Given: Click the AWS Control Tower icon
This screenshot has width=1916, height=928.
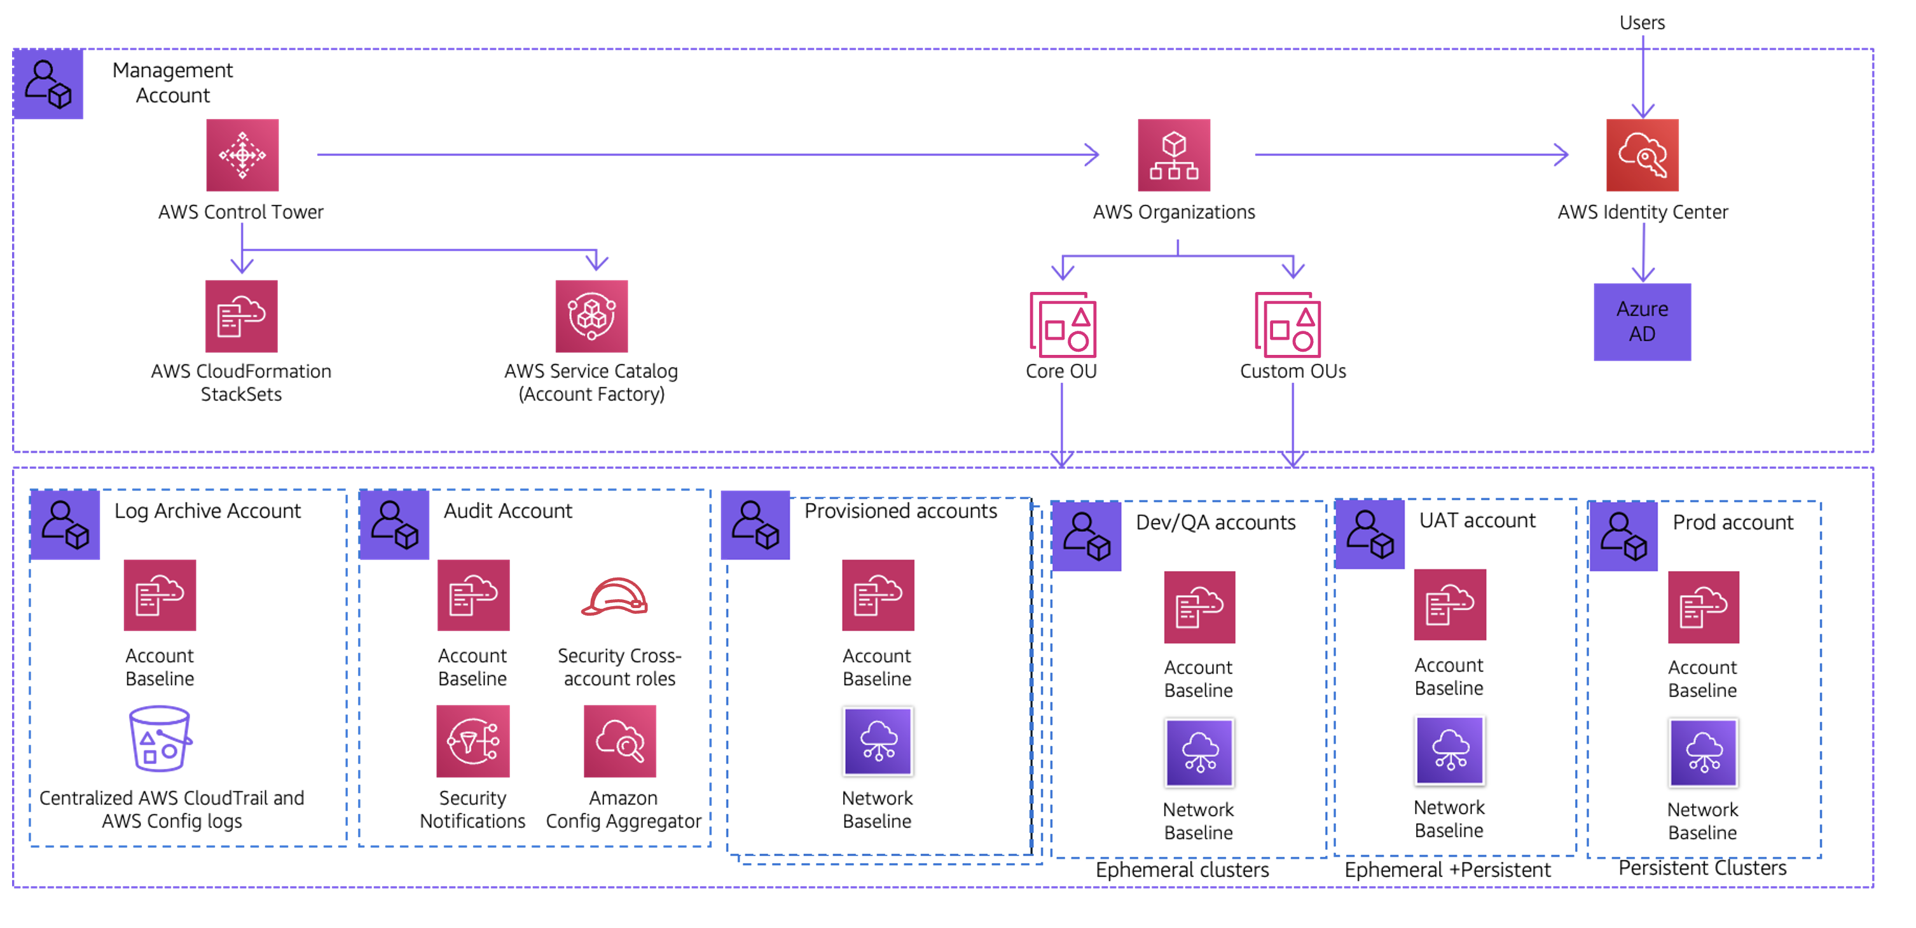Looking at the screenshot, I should pyautogui.click(x=242, y=155).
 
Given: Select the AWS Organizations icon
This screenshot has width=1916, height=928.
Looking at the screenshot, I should pyautogui.click(x=1174, y=155).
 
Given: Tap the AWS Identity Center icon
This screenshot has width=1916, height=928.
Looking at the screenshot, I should pyautogui.click(x=1643, y=155).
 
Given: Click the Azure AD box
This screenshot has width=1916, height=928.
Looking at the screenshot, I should pyautogui.click(x=1643, y=321).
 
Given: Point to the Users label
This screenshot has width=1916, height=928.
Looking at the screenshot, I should pyautogui.click(x=1643, y=22).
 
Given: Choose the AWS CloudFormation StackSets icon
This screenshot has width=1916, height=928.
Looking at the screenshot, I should pyautogui.click(x=241, y=315).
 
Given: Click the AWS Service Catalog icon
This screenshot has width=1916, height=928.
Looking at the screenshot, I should pyautogui.click(x=591, y=315).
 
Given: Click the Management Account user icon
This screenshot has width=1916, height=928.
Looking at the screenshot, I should pyautogui.click(x=48, y=83).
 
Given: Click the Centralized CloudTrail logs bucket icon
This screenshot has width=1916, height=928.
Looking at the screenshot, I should pyautogui.click(x=160, y=738).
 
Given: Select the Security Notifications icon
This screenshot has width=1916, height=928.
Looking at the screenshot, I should pyautogui.click(x=473, y=741).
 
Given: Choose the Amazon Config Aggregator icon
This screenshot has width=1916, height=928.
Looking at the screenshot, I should pyautogui.click(x=619, y=741).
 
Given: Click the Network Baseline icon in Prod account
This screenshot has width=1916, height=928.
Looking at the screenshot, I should pyautogui.click(x=1703, y=752).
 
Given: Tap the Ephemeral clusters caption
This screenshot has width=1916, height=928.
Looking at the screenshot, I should pyautogui.click(x=1182, y=869).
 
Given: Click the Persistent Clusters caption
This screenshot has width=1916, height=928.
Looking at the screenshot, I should pyautogui.click(x=1702, y=868).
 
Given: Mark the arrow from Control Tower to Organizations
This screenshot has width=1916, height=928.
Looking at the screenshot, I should pyautogui.click(x=706, y=155).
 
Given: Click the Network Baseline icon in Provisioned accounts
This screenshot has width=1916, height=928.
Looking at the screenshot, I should pyautogui.click(x=878, y=741).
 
